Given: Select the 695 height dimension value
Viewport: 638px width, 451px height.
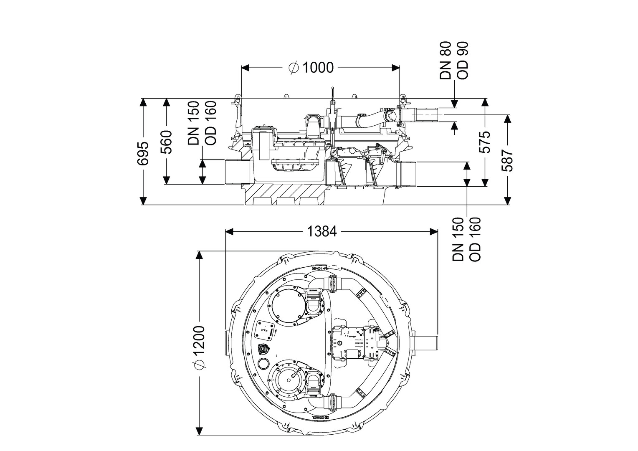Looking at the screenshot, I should tap(143, 154).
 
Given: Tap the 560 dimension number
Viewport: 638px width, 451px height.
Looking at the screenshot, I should tap(167, 142).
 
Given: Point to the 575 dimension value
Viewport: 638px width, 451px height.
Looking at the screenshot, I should tap(484, 142).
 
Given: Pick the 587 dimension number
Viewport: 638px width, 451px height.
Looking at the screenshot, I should tap(507, 160).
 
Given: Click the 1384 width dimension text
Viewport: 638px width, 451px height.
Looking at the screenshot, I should tap(322, 231).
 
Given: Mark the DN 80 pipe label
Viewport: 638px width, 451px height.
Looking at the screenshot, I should tap(446, 61).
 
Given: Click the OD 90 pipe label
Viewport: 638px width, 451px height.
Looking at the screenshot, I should tap(463, 61).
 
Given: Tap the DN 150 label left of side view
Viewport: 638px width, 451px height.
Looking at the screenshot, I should tap(194, 123).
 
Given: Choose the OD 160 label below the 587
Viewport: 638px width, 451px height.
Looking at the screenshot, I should tap(475, 239).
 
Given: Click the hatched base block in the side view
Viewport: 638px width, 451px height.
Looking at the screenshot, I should tap(284, 195).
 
